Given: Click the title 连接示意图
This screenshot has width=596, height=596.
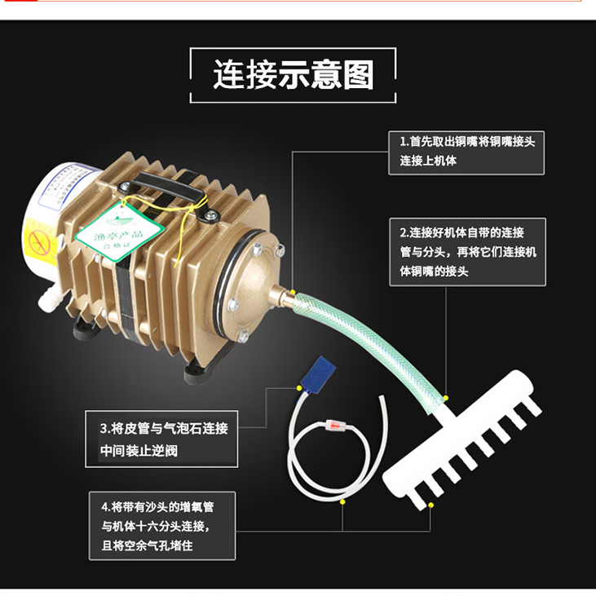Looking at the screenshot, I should tap(293, 75).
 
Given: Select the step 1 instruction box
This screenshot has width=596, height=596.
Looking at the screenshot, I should tap(466, 151).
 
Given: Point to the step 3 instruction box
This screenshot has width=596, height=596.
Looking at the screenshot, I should tap(163, 439).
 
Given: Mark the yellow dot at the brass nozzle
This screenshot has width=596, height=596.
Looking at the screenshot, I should tap(293, 291).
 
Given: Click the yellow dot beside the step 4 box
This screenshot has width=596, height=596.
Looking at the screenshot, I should tap(342, 502).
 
